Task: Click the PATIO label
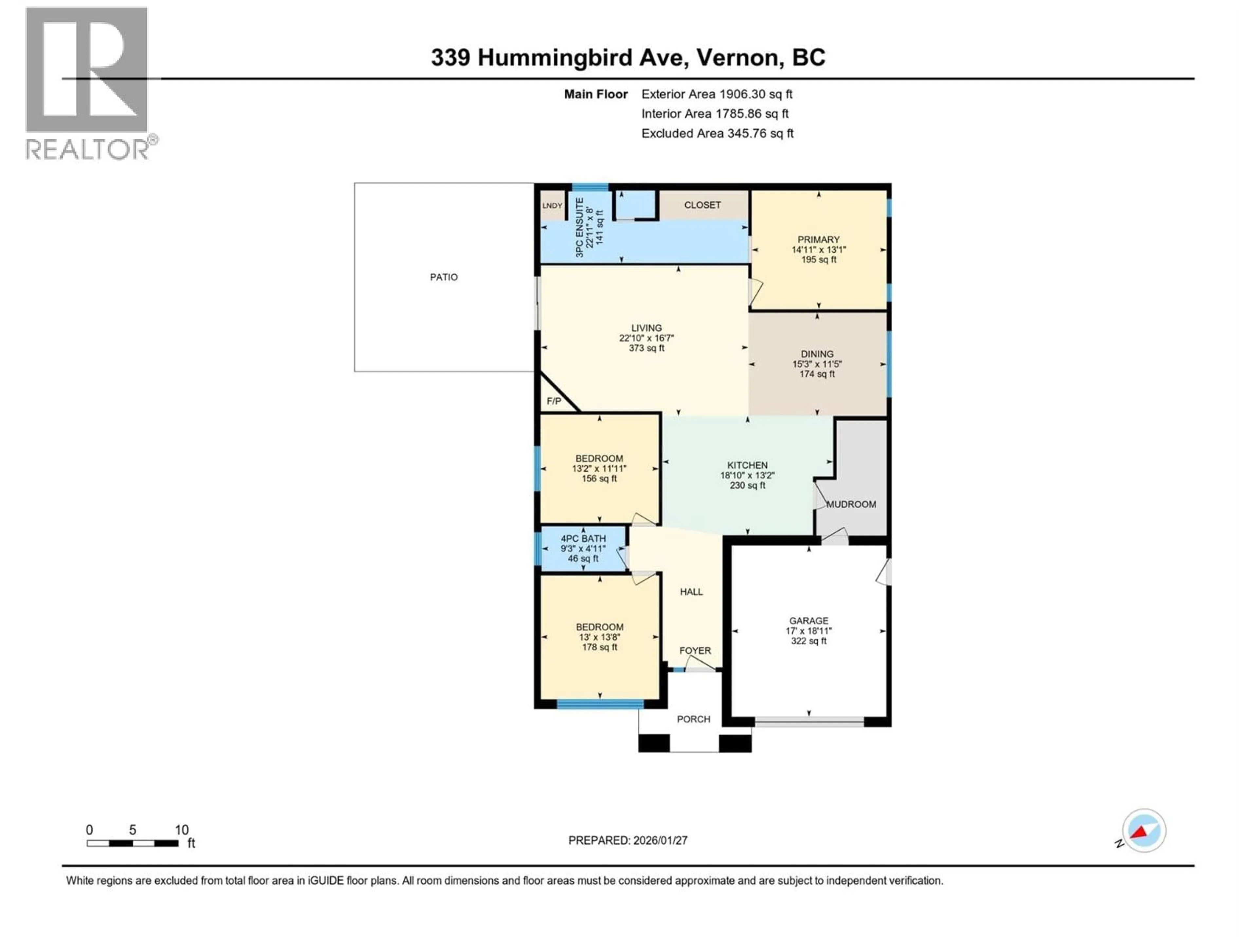[x=443, y=277]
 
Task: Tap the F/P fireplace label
[x=554, y=401]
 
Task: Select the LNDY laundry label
[x=552, y=205]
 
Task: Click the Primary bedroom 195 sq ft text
[x=818, y=259]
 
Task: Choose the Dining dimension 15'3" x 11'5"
[x=817, y=364]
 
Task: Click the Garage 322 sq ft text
[x=808, y=641]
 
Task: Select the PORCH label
[x=693, y=719]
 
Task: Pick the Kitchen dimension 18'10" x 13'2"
[x=747, y=475]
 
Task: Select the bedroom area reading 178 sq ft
[x=599, y=647]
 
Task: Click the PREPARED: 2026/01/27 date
[x=628, y=840]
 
